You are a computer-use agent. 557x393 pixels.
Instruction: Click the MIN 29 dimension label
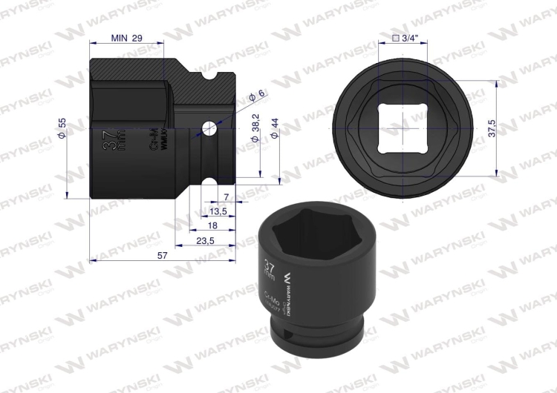click(126, 38)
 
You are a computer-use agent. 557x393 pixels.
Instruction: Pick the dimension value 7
click(227, 196)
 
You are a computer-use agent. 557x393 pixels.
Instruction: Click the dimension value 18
click(212, 226)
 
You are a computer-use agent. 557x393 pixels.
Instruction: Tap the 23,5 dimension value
click(205, 241)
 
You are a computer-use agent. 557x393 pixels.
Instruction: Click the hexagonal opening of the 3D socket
click(304, 234)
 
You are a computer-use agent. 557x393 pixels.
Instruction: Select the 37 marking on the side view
click(108, 139)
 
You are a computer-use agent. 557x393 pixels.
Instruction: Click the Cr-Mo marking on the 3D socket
click(271, 300)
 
